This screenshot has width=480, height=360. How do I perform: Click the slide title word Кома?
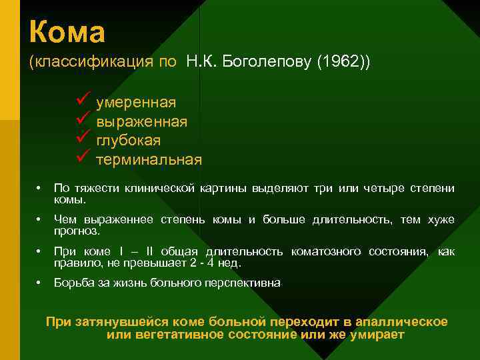coord(67,31)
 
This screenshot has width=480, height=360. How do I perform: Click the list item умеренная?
coord(136,103)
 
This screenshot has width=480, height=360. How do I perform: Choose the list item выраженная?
coord(141,122)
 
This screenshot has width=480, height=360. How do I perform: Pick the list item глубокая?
coord(128,141)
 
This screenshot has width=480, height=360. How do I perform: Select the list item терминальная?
coord(149,161)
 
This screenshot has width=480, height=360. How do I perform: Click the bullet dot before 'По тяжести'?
coord(40,189)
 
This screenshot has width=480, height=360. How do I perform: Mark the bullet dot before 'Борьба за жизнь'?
coord(40,283)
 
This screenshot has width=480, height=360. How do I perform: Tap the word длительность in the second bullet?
coord(353,220)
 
